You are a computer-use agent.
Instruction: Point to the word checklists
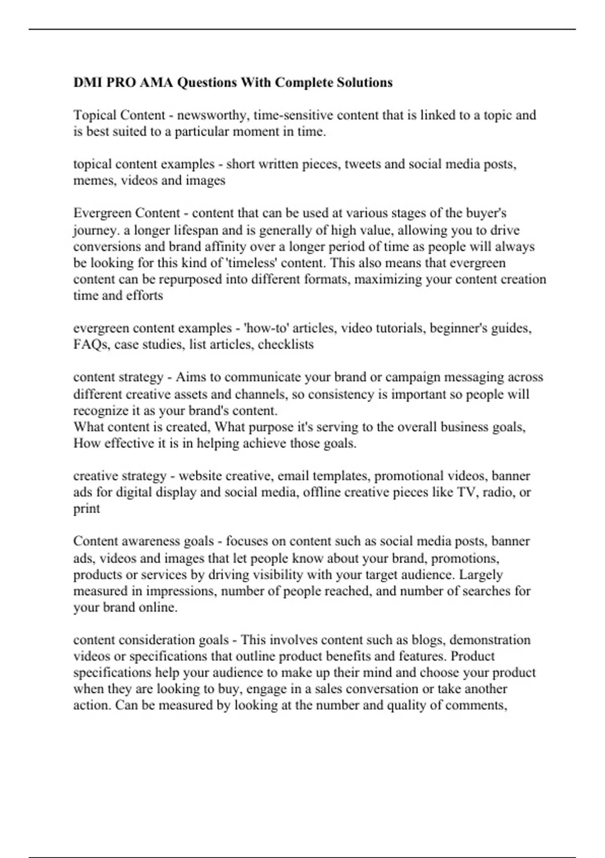coord(286,345)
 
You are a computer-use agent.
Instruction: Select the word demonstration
coord(490,640)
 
